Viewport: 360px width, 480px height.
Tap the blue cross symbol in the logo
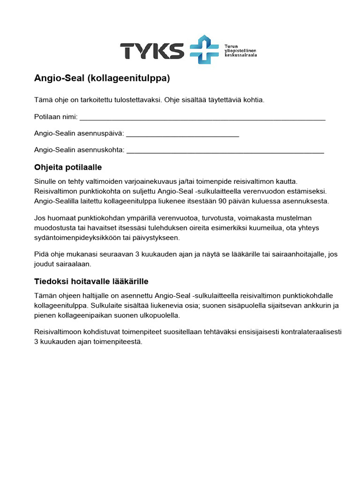(204, 49)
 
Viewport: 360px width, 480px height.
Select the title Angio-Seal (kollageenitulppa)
(102, 79)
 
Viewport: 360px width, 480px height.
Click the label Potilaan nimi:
(56, 117)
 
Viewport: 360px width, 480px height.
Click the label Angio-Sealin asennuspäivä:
(79, 134)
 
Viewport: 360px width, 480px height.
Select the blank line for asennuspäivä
(183, 135)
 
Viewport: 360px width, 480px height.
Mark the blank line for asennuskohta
(225, 151)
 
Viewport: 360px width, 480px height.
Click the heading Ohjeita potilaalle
(68, 167)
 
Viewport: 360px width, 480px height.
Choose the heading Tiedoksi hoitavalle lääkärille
(91, 281)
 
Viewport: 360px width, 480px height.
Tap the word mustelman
(291, 218)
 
